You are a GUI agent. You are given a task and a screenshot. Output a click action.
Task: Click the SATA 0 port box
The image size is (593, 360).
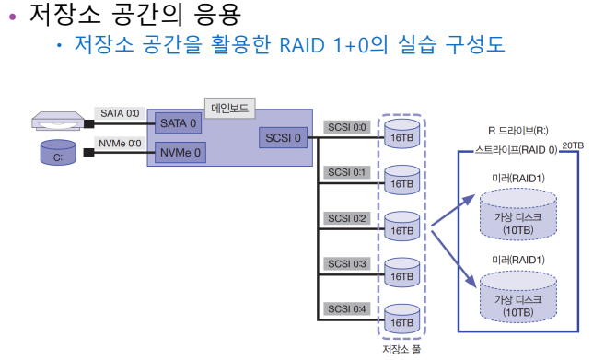(x=178, y=123)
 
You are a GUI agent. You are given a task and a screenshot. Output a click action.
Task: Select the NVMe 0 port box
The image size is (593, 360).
(x=180, y=153)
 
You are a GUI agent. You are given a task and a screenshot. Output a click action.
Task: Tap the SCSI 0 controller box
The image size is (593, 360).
(x=283, y=138)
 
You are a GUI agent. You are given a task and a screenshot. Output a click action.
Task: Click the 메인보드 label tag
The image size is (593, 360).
(x=229, y=109)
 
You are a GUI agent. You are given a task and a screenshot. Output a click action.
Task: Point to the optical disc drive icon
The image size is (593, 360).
(x=57, y=121)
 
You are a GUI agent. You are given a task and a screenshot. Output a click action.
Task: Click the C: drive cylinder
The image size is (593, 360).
(x=58, y=153)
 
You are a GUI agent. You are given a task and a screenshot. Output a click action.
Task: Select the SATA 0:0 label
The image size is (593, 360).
(x=120, y=113)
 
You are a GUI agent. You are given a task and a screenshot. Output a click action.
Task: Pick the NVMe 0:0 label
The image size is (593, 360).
(x=120, y=144)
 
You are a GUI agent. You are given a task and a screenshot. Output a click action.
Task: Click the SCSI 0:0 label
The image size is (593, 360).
(x=347, y=127)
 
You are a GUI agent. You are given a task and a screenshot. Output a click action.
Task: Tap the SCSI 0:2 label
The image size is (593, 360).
(x=347, y=218)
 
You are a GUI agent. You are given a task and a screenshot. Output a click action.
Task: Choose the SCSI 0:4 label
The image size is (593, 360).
(x=347, y=309)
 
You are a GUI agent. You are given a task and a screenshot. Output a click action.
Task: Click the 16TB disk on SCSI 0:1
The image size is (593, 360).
(x=402, y=180)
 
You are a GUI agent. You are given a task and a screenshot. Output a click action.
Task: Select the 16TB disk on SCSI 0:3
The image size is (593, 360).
(x=402, y=273)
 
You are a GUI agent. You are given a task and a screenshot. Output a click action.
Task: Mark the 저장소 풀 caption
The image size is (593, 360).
(x=401, y=349)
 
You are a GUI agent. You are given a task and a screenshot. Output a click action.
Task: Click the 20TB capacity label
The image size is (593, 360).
(x=573, y=145)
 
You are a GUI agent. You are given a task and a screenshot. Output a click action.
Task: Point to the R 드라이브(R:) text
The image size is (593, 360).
(x=517, y=131)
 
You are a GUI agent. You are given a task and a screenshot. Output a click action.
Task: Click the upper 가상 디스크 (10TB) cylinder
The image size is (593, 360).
(x=518, y=215)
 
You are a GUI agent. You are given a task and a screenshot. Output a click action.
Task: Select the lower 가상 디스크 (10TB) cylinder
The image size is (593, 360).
(x=518, y=297)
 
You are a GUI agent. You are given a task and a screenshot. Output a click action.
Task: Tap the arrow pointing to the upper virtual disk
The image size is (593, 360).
(x=453, y=210)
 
